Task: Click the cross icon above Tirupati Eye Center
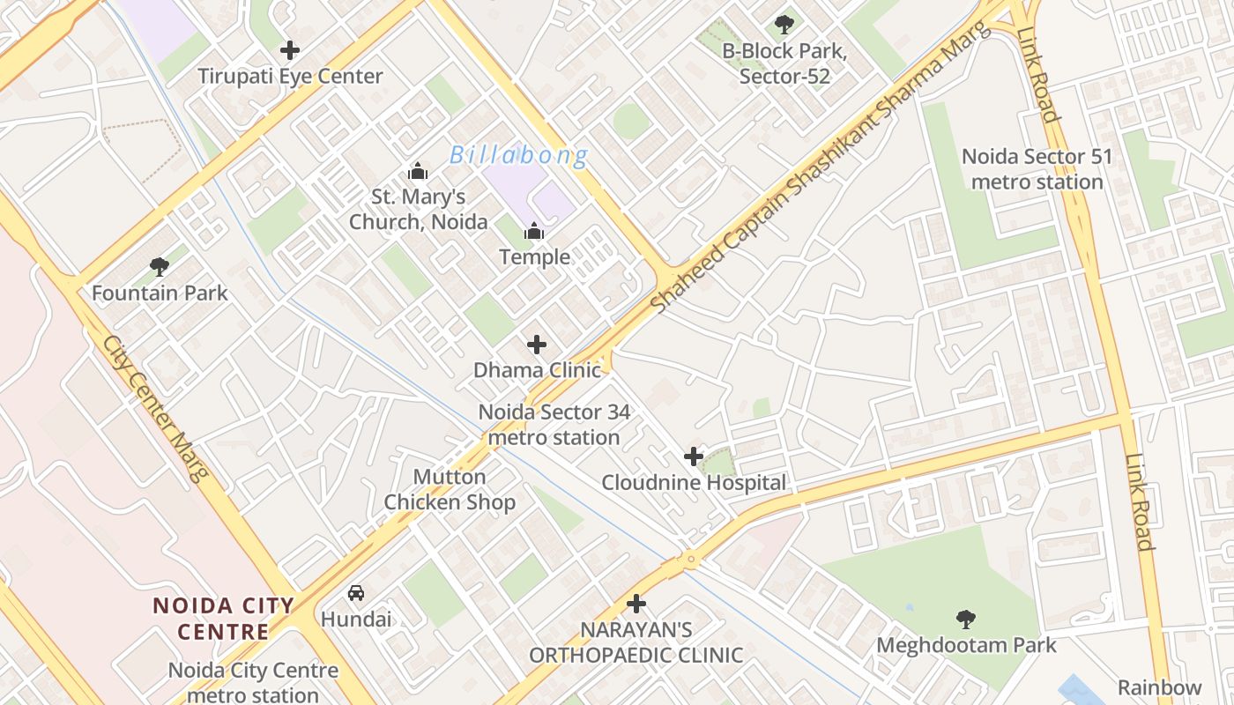(x=289, y=50)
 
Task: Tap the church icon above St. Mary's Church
(x=418, y=171)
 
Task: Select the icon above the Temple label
(x=534, y=233)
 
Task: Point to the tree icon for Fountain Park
(x=160, y=266)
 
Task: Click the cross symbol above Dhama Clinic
(x=536, y=345)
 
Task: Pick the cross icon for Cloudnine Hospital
(x=694, y=456)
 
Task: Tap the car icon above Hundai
(x=356, y=592)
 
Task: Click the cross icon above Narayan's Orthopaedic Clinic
(x=636, y=604)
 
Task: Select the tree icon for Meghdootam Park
(x=966, y=620)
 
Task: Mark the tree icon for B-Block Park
(x=784, y=25)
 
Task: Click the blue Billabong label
(x=518, y=156)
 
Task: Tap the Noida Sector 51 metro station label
(x=1036, y=169)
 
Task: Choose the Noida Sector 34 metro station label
(x=554, y=424)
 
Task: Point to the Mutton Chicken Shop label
(x=450, y=489)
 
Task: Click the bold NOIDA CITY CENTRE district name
(x=223, y=618)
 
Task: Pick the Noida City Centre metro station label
(x=253, y=682)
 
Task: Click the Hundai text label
(x=356, y=619)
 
